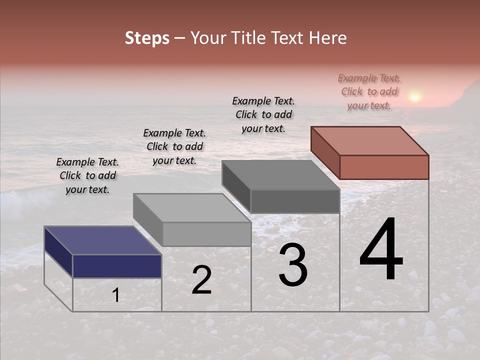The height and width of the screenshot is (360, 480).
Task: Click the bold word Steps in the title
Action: tap(147, 38)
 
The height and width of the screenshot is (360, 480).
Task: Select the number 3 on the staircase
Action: tap(292, 265)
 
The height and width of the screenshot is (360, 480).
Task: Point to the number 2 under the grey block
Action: tap(201, 280)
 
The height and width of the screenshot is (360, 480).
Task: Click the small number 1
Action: tap(115, 295)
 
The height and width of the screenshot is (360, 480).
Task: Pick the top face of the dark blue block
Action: tap(102, 240)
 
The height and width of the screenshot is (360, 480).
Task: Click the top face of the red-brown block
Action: tap(369, 140)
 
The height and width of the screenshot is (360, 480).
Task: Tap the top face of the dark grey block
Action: tap(280, 175)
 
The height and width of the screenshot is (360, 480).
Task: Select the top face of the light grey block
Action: tap(191, 208)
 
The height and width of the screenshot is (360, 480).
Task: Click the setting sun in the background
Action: tap(414, 96)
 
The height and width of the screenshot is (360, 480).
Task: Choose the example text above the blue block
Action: tap(87, 175)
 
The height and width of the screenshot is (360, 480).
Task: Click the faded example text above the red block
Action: tap(369, 91)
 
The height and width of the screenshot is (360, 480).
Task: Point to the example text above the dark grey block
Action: tap(263, 114)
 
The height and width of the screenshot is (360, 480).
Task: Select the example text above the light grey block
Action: tap(174, 146)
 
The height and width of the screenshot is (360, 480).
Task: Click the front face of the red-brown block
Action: tap(384, 167)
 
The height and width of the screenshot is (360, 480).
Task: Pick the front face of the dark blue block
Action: tap(117, 266)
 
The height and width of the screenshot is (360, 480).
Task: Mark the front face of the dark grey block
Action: tap(295, 201)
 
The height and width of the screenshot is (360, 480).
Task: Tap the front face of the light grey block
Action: tap(206, 234)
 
